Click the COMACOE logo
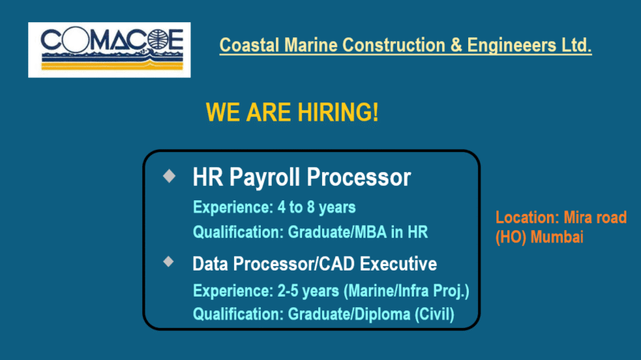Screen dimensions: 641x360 [109, 50]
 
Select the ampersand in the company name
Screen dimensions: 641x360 [456, 45]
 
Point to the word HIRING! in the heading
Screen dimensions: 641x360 [338, 112]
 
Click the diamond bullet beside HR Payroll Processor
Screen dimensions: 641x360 [169, 176]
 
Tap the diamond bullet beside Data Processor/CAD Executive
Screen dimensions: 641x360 [168, 261]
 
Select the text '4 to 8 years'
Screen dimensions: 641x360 [317, 208]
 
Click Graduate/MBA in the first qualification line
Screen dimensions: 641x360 [337, 232]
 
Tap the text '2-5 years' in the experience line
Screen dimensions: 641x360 [308, 291]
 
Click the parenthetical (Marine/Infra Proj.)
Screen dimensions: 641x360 [407, 291]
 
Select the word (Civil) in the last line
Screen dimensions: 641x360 [434, 314]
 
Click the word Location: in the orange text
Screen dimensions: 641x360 [527, 217]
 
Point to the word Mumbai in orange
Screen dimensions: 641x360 [557, 237]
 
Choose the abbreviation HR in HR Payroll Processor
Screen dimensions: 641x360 [207, 177]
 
